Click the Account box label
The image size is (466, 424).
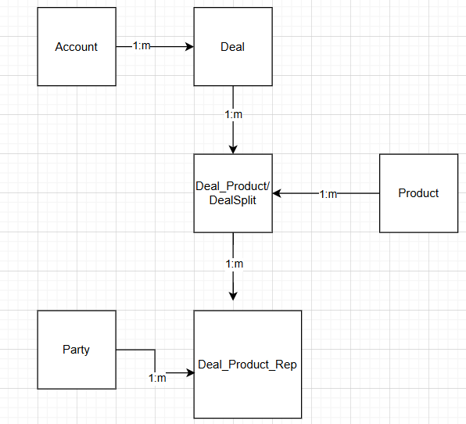[77, 47]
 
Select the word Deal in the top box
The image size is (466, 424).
[233, 47]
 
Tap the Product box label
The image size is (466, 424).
[418, 193]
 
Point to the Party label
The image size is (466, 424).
[76, 350]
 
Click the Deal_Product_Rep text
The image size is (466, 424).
[247, 365]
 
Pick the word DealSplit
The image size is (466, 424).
[233, 200]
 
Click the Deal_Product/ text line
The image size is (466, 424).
[233, 186]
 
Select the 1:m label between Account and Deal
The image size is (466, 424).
[142, 46]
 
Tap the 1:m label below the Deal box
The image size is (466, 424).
[233, 114]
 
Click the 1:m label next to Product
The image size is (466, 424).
[328, 195]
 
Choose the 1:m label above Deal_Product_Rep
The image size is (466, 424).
[235, 264]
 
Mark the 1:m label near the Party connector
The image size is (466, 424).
[157, 378]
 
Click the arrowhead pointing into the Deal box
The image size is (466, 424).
[190, 47]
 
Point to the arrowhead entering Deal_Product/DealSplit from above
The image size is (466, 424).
[233, 150]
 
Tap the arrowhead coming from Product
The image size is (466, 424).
[277, 193]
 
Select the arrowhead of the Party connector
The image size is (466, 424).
[190, 372]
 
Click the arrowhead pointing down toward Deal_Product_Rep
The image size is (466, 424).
[233, 296]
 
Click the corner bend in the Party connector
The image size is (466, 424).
[155, 350]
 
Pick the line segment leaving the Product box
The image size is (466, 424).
[358, 193]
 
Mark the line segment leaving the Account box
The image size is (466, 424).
[124, 47]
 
